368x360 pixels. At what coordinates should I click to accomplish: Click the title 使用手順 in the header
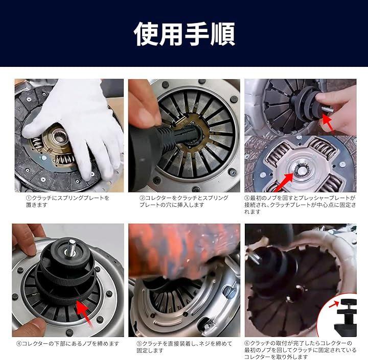184,34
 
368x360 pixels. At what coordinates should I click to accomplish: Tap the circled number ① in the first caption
29,198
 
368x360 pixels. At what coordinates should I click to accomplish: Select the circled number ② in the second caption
142,198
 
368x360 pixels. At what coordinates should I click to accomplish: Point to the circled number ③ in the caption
247,198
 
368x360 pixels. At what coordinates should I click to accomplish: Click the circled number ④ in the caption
19,344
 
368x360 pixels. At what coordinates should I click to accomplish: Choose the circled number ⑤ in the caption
140,344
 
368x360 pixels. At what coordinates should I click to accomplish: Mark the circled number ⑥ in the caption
247,344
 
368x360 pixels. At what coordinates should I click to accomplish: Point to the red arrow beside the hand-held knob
330,122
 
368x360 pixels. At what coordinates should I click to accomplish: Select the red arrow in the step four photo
84,313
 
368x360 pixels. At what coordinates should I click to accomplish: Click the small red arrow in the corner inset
334,304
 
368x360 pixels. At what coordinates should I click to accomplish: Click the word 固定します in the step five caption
150,351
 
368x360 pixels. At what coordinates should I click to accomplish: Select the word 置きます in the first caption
37,205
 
